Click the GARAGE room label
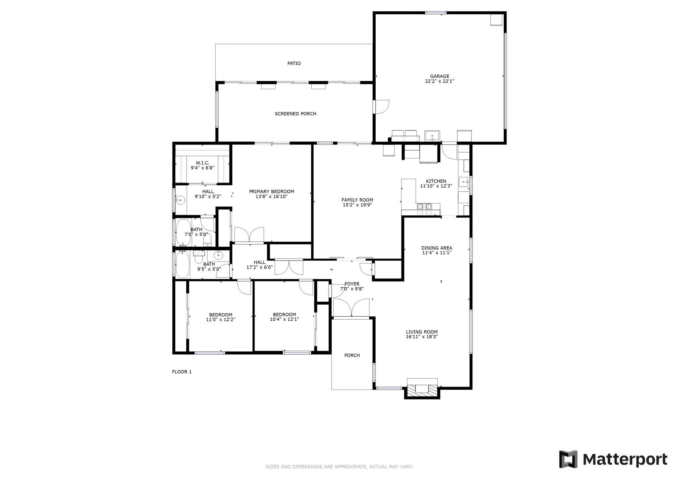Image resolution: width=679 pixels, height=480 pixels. coord(439,76)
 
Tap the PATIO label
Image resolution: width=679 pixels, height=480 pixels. coord(294,63)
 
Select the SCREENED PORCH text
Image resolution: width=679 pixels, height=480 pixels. coord(295,114)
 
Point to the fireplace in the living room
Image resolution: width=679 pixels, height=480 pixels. coord(422,389)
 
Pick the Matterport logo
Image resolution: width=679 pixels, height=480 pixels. coord(613,459)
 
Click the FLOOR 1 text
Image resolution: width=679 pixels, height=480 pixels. coord(182,372)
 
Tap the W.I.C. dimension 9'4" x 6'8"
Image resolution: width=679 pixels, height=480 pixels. coord(202,168)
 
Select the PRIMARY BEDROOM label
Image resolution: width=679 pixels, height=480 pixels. coord(272,192)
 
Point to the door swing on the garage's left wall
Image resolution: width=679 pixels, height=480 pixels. coord(381,107)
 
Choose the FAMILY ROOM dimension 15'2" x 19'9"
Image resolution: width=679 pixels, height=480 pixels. coord(357,205)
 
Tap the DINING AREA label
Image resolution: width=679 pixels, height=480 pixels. coord(437,248)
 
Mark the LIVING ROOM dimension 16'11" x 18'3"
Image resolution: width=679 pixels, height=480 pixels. coord(422,337)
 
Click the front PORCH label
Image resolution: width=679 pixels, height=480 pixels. coord(352,355)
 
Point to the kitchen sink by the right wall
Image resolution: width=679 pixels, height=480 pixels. coord(463,182)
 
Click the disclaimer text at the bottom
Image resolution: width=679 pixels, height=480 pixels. coord(339,467)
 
